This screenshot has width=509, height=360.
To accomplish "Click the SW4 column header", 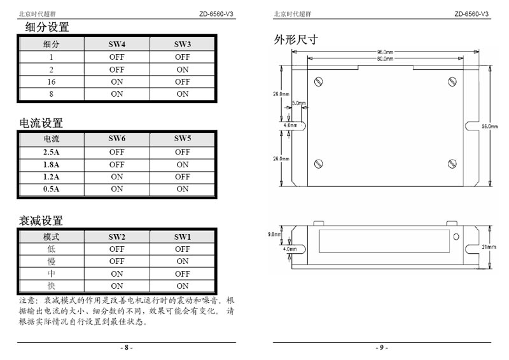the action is [x=117, y=44].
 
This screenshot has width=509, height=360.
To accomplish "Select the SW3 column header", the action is [x=183, y=44].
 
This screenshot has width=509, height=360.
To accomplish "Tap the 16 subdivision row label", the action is [x=52, y=82].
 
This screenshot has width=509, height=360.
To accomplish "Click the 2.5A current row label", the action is [x=52, y=152].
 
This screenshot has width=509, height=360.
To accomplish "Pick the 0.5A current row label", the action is [x=52, y=189].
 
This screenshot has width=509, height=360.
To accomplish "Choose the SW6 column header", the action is [x=117, y=139].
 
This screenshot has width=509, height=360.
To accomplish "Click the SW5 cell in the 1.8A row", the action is [x=183, y=165].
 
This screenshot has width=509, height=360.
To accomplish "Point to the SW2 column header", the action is [x=117, y=237].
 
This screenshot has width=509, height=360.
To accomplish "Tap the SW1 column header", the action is [x=183, y=237].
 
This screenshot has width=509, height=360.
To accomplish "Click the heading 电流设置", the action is [x=41, y=123].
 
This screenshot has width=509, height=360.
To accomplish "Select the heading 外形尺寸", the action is [x=296, y=39].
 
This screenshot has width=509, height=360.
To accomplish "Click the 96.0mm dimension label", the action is [x=385, y=52].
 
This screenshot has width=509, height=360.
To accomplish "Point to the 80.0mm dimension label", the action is [x=385, y=59].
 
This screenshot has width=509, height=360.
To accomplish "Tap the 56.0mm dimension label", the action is [x=489, y=127].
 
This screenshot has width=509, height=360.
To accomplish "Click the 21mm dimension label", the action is [x=489, y=247].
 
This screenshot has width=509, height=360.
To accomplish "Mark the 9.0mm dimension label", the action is [x=274, y=234].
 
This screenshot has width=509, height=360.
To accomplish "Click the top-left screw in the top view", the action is [x=319, y=81].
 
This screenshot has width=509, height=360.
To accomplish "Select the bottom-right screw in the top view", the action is [x=452, y=164].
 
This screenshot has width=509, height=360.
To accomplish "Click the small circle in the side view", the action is [x=456, y=237].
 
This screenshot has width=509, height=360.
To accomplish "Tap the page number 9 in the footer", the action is [x=382, y=347].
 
